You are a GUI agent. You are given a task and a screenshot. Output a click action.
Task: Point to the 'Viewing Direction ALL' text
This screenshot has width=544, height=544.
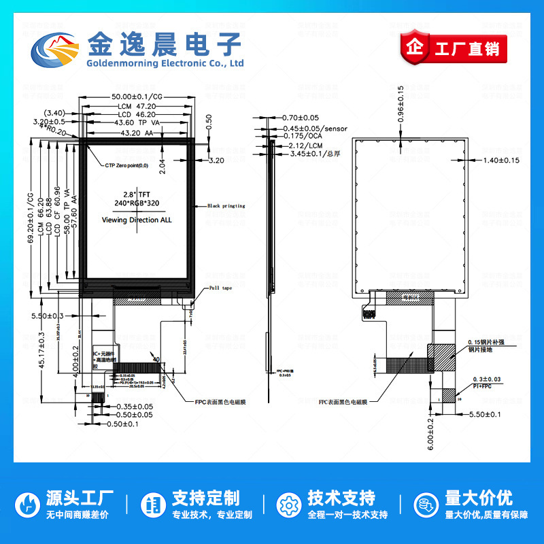137,220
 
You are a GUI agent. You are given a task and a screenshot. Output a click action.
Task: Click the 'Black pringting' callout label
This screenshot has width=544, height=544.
226,205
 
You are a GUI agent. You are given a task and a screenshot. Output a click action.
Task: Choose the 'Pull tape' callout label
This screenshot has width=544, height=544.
220,288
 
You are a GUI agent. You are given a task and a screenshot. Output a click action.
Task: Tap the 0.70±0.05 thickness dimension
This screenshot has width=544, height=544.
300,118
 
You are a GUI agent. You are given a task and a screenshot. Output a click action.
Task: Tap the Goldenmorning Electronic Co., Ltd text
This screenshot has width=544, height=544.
165,63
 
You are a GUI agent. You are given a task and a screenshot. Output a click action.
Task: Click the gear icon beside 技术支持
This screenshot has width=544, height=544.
289,505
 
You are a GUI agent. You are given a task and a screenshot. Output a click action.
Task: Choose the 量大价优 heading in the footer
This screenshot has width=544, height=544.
478,497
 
